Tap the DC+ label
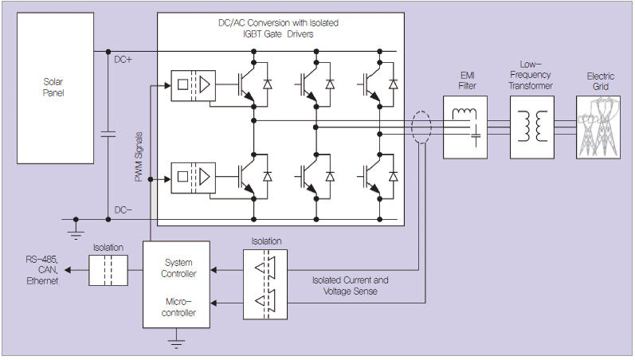click(124, 59)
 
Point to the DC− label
click(123, 209)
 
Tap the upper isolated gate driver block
click(192, 84)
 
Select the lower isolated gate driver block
click(192, 175)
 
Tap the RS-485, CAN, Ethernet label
click(41, 270)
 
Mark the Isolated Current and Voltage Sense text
click(351, 285)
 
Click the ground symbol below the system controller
click(177, 342)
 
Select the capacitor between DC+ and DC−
click(108, 135)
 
